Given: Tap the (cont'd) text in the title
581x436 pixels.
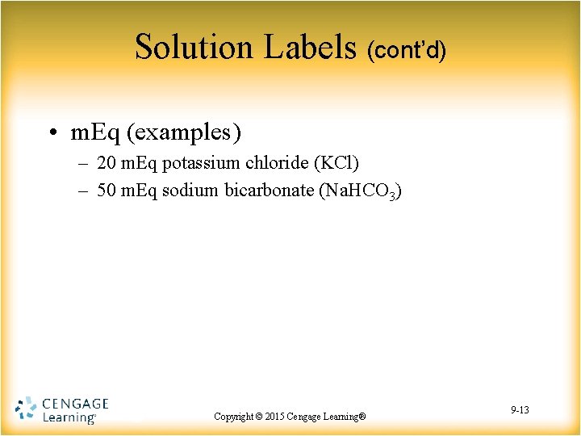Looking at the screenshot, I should (406, 51).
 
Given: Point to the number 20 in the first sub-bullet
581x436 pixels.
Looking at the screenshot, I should (106, 163).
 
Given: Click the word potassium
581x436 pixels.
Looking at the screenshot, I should (200, 163).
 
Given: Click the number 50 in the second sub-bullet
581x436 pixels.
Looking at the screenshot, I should (106, 191).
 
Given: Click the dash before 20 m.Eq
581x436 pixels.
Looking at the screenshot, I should (84, 164).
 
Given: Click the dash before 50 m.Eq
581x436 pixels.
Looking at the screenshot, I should (84, 191).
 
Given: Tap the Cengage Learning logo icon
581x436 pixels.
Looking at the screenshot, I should (26, 409).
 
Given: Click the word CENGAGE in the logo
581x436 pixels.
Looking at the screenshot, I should (74, 403).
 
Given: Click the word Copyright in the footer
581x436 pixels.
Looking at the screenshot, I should (233, 417).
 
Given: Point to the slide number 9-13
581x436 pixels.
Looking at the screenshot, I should (520, 411).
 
